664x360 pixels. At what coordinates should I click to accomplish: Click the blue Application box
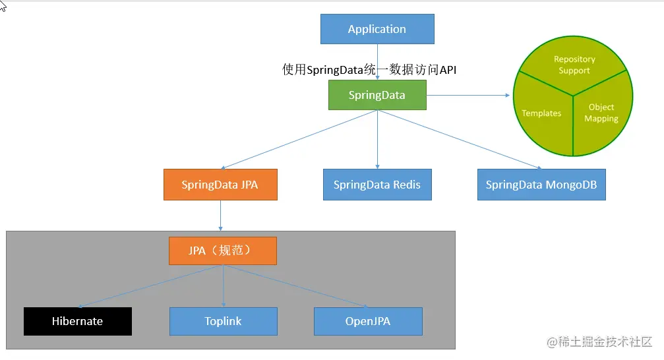coord(377,29)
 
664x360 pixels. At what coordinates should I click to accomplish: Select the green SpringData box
coord(377,95)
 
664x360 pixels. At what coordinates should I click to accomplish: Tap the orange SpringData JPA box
coord(220,185)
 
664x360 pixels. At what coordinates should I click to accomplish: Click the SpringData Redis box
coord(377,185)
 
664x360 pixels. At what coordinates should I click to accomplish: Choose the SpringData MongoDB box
coord(541,185)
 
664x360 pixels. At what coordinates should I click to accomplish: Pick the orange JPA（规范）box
coord(222,251)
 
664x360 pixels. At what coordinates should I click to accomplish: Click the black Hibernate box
coord(78,321)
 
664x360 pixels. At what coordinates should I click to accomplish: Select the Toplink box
coord(223,321)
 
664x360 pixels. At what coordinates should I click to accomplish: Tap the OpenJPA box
coord(367,321)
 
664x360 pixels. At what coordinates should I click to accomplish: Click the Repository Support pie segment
coord(574,65)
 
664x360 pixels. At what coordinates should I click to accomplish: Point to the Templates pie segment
coord(541,113)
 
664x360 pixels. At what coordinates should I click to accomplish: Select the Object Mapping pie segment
coord(601,113)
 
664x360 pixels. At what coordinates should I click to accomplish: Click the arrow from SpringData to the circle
coord(468,95)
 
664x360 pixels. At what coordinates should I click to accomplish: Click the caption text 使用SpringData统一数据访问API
coord(369,70)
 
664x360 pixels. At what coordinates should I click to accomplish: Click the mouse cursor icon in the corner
coord(3,7)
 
